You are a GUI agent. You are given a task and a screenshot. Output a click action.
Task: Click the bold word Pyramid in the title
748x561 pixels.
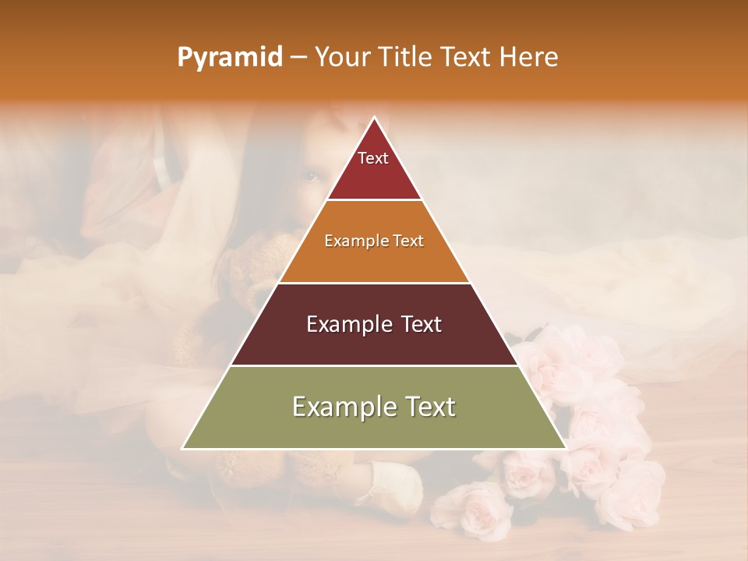229,58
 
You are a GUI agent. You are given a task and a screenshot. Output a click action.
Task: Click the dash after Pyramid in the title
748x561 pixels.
298,58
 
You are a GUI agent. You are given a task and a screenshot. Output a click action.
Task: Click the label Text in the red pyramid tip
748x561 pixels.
373,158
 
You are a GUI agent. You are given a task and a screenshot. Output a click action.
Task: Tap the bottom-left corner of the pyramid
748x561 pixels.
183,448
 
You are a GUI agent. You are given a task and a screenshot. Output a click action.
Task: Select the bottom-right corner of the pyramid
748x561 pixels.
566,448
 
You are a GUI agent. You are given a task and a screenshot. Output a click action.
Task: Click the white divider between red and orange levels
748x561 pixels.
374,200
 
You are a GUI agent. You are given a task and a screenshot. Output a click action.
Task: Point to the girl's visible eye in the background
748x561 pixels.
311,176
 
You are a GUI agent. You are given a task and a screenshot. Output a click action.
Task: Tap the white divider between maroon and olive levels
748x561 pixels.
374,365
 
